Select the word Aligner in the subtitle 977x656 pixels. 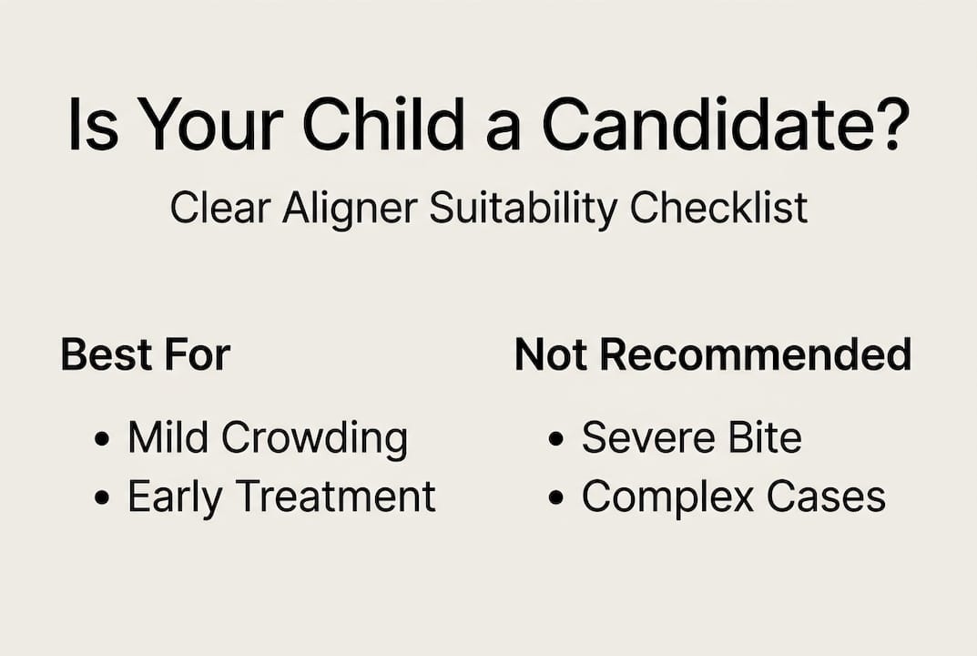pos(351,208)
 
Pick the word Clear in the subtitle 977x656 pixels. pos(221,208)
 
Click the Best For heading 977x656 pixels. pos(146,354)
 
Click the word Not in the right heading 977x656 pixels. pos(553,354)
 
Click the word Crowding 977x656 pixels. pos(314,438)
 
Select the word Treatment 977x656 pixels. pos(335,497)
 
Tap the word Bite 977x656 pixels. pos(764,438)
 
